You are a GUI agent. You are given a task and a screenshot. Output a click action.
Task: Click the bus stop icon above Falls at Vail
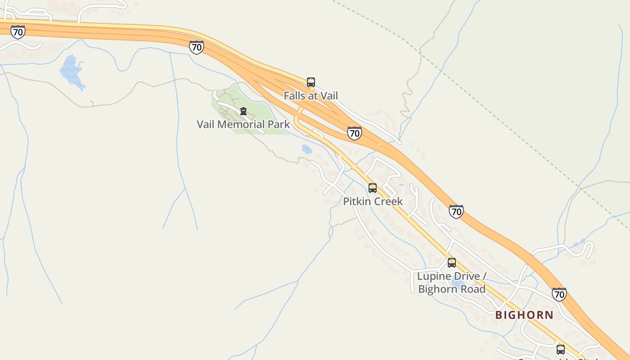[x=311, y=82]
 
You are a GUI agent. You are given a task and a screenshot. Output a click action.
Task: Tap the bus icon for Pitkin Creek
[x=373, y=188]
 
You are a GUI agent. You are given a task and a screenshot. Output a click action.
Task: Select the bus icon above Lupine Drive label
[x=452, y=263]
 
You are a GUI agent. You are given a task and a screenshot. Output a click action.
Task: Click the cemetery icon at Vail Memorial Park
[x=243, y=111]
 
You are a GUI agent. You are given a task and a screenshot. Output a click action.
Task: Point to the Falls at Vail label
[x=310, y=96]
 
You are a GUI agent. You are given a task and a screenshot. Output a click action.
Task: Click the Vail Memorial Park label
[x=243, y=125]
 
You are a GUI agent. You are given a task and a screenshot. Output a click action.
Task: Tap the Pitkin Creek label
[x=373, y=202]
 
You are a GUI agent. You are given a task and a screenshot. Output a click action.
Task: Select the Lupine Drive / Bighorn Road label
[x=452, y=283]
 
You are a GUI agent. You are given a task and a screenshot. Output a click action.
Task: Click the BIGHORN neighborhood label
[x=524, y=315]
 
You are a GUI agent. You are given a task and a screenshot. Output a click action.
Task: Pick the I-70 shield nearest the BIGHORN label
[x=559, y=294]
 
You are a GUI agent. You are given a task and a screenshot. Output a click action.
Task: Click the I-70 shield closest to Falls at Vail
[x=355, y=133]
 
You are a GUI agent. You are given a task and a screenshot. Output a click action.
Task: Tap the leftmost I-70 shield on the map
[x=18, y=32]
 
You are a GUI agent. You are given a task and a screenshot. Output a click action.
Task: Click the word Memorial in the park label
[x=238, y=125]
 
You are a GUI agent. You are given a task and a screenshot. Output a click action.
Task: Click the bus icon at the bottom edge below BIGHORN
[x=561, y=350]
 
